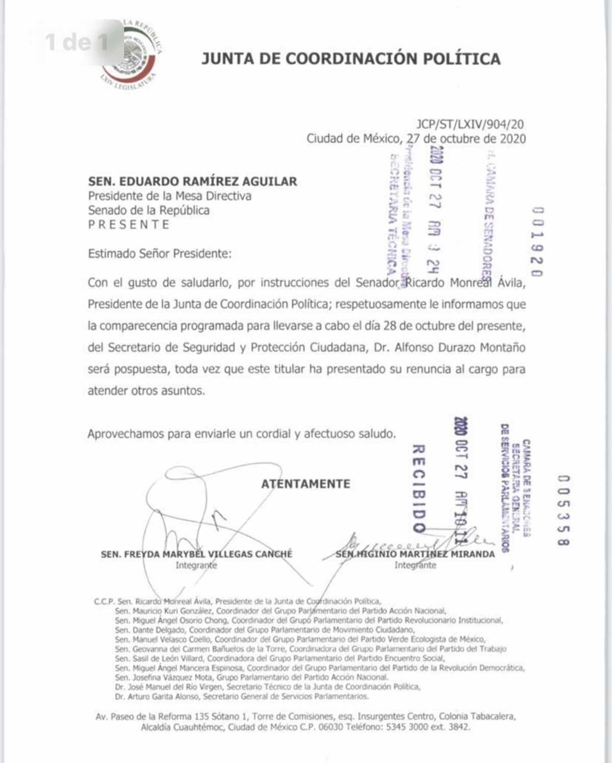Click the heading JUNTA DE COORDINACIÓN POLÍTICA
(x=351, y=59)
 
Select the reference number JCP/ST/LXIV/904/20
(x=470, y=124)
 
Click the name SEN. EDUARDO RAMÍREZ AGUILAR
(x=192, y=181)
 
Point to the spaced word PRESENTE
(x=129, y=225)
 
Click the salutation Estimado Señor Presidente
(x=159, y=254)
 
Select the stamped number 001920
(x=537, y=242)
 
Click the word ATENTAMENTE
(x=305, y=484)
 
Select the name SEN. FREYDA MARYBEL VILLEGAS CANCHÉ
(x=196, y=554)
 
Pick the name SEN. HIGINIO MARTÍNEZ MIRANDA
(x=415, y=554)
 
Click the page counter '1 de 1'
(x=76, y=42)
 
